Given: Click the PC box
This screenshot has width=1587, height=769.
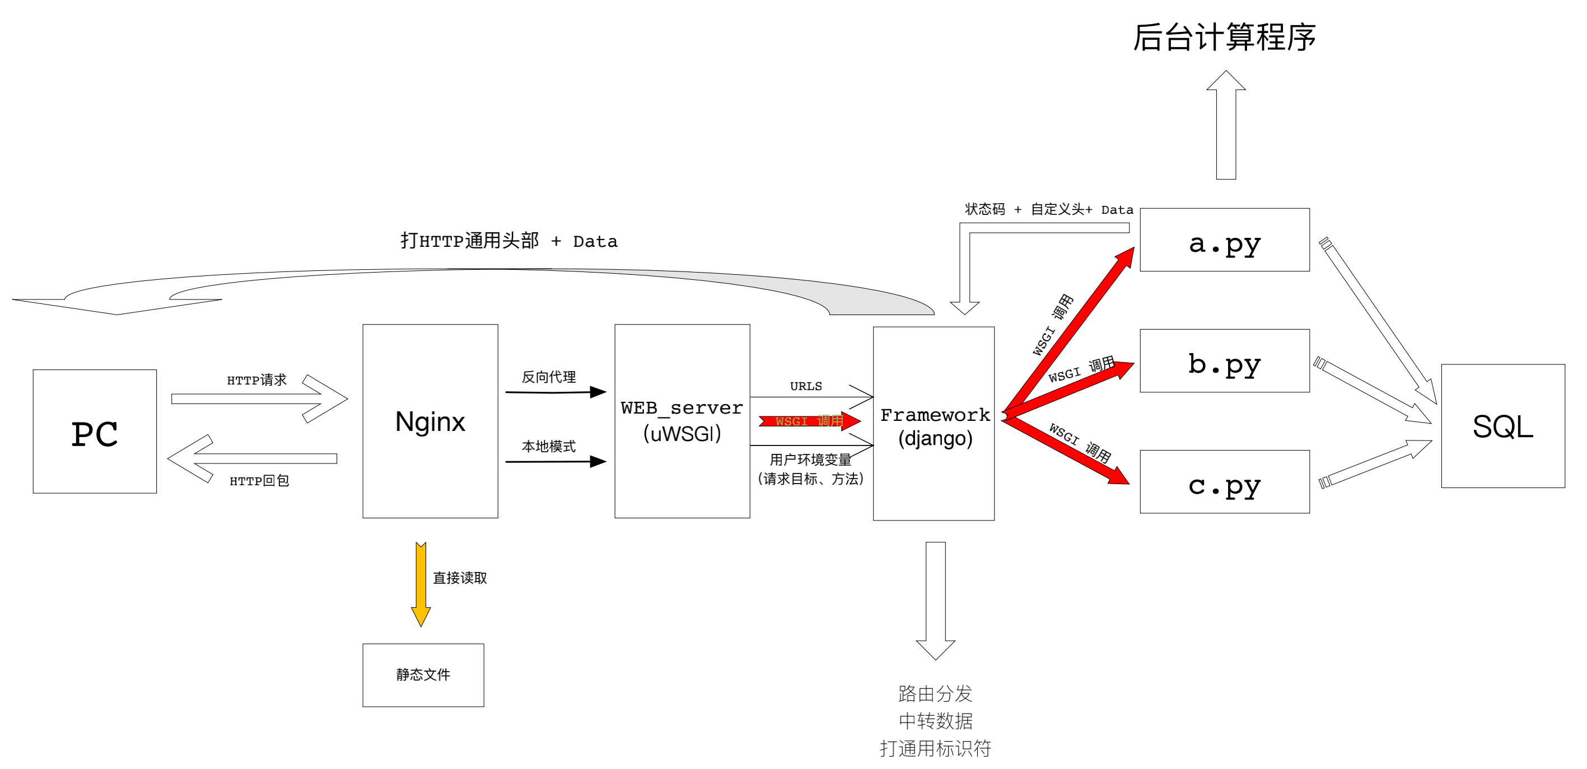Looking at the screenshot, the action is (95, 431).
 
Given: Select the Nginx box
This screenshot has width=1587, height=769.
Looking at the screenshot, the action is (430, 421).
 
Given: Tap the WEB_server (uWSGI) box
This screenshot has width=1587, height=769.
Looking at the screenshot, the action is (682, 421).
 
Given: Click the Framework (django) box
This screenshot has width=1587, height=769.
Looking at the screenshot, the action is (933, 424).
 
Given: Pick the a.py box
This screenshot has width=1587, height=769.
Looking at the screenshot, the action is (1225, 240).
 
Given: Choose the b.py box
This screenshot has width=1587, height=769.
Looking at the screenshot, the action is (1225, 361).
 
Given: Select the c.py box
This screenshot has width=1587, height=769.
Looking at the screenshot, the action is (1225, 481).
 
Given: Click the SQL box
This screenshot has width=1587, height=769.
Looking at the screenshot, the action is (1502, 426).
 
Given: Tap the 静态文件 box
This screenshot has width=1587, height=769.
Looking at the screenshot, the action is (423, 676).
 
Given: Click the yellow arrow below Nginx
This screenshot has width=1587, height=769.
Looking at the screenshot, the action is (421, 584).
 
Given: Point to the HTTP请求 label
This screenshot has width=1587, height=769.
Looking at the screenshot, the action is (257, 380).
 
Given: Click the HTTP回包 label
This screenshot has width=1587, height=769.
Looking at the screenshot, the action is (259, 481).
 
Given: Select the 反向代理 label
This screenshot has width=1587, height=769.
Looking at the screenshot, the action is (549, 377).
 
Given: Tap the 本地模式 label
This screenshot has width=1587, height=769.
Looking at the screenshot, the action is (549, 447).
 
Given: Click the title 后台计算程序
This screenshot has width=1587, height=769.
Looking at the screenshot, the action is (1225, 37).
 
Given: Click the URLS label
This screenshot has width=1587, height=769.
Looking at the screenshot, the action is (806, 386).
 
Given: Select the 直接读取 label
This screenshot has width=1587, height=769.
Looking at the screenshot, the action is (460, 578).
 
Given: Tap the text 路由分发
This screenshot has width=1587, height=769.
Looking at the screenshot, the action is (935, 694).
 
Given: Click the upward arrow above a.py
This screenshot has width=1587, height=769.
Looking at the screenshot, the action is (1226, 125).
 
